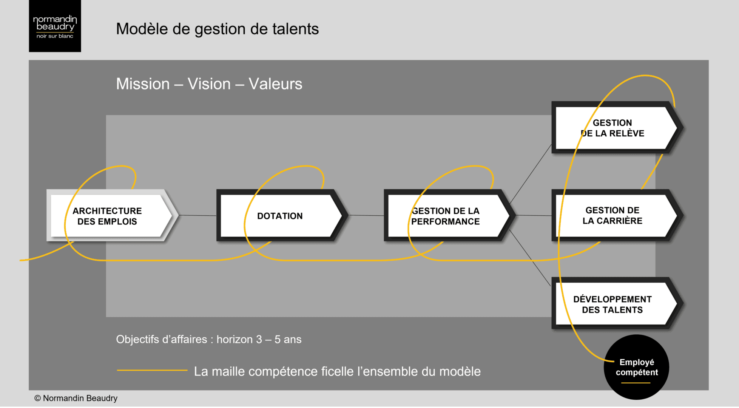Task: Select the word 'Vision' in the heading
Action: coord(209,84)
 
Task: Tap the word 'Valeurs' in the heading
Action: coord(275,84)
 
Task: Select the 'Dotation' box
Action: coord(280,216)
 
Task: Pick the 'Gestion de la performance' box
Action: coord(446,216)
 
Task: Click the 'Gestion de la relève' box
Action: coord(612,128)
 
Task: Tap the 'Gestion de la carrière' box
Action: coord(612,215)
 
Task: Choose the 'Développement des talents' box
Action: coord(612,304)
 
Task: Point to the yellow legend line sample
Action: coord(152,370)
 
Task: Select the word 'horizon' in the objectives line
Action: coord(235,339)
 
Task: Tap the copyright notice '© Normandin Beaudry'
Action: coord(76,398)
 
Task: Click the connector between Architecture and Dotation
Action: coord(197,215)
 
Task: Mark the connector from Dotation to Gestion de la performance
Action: coord(366,215)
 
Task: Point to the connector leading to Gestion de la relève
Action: coord(531,174)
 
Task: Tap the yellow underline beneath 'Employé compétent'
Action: coord(636,383)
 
